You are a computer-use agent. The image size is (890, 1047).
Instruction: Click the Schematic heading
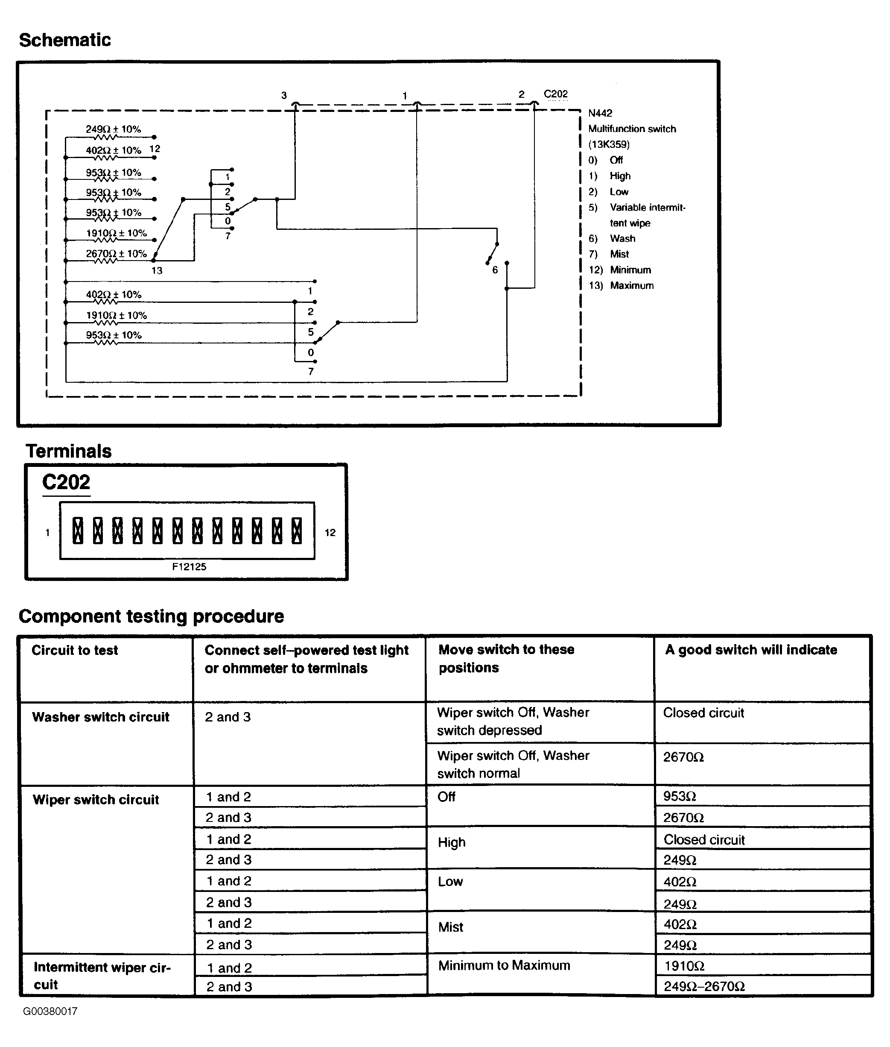(x=64, y=40)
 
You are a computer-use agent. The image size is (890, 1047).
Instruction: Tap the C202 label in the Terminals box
(x=66, y=483)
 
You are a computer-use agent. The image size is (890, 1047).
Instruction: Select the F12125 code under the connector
(x=189, y=566)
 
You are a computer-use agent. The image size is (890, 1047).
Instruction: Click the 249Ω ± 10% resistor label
(x=113, y=129)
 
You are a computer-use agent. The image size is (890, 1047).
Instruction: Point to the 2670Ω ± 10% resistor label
(x=116, y=253)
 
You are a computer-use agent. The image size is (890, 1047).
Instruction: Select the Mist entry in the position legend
(x=619, y=254)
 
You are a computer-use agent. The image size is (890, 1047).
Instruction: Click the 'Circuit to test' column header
(x=75, y=650)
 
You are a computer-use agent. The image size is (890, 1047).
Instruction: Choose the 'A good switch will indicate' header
(x=751, y=650)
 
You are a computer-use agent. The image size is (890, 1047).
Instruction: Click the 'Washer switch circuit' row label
(x=100, y=717)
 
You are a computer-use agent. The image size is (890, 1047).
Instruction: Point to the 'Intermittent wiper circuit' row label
(x=102, y=975)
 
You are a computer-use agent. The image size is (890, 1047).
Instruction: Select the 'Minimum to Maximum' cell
(x=504, y=965)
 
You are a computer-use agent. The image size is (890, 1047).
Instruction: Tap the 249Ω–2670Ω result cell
(x=704, y=986)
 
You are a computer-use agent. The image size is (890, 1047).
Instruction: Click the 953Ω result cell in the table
(x=680, y=796)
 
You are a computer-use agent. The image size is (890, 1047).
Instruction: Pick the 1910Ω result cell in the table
(x=684, y=966)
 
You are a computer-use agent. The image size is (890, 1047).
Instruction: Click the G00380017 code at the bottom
(x=50, y=1011)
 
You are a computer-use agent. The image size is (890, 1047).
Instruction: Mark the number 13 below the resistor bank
(x=157, y=270)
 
